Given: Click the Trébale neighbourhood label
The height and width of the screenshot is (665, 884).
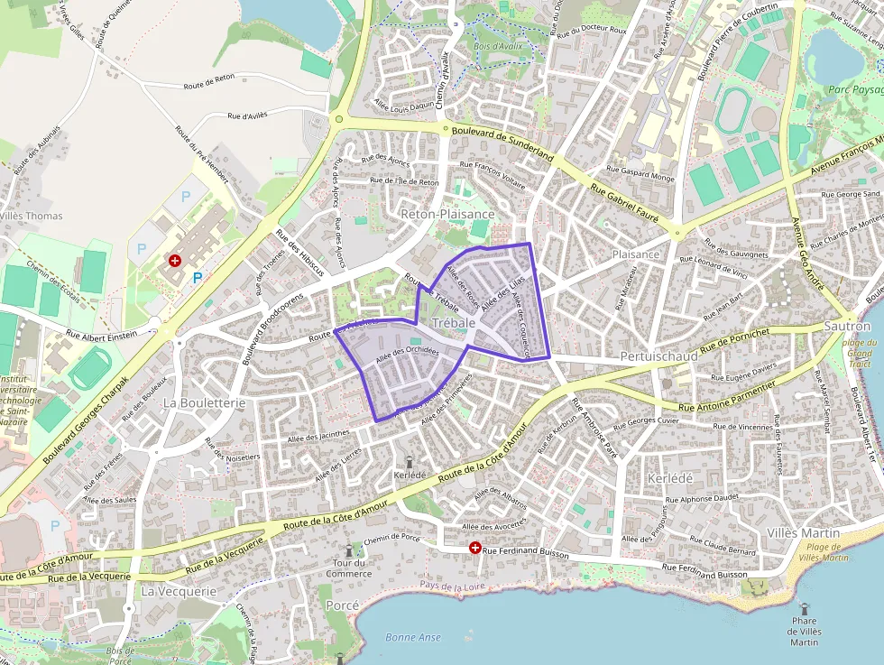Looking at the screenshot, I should pos(454,323).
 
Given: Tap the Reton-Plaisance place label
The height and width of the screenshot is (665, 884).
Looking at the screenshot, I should pos(447,214).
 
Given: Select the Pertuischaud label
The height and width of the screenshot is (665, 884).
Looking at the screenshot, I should pos(659,357).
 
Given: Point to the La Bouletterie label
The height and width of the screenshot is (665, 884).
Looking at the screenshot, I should pos(204,402).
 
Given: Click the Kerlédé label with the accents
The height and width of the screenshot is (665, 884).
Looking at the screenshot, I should pos(670,477).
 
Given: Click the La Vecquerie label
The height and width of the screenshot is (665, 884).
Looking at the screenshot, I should pos(179,591).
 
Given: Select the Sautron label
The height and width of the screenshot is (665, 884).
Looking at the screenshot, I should pos(848,326).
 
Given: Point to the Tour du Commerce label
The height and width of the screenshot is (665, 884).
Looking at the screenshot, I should pos(349,568).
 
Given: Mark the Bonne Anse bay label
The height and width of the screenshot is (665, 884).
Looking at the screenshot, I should pos(413,637).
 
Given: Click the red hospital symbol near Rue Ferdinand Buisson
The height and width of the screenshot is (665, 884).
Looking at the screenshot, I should pos(474,548).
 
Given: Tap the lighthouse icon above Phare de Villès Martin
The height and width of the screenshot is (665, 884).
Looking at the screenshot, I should pos(803,607).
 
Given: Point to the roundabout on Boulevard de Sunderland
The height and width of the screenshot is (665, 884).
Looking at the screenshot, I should pos(339,118).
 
